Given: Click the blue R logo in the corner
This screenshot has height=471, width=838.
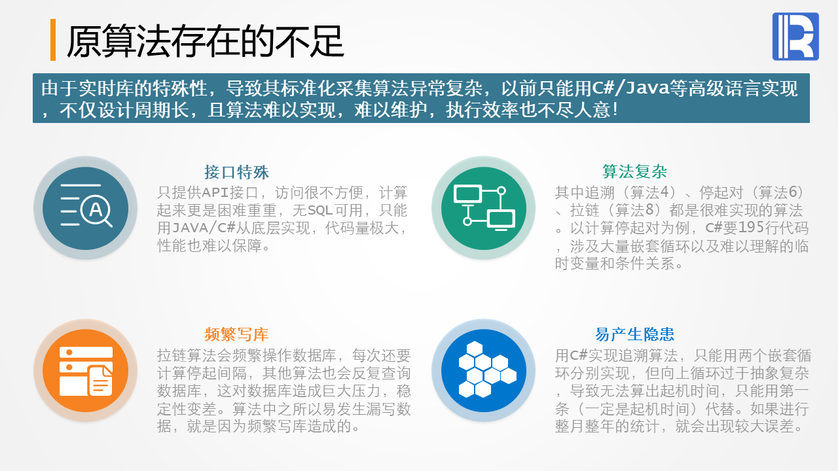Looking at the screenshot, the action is click(x=795, y=36).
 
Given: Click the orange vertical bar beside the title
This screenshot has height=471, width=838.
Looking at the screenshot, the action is click(x=53, y=40).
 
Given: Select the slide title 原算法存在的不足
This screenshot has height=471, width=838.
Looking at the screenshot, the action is click(x=205, y=41).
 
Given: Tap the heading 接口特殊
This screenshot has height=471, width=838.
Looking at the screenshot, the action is click(x=236, y=172).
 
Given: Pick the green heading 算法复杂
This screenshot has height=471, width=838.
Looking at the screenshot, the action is click(x=634, y=171).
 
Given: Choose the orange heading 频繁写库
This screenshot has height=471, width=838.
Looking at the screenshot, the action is click(x=236, y=334).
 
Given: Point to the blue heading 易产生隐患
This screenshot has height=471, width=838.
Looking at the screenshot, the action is click(x=634, y=334).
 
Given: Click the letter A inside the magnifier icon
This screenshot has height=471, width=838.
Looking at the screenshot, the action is click(x=96, y=209).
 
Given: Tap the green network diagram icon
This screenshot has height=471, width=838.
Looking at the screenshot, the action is click(x=484, y=208).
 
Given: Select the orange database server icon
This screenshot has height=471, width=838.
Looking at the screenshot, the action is click(x=86, y=371).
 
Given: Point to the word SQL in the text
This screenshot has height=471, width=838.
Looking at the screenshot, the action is click(x=320, y=211).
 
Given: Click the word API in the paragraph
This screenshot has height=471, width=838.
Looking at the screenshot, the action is click(x=215, y=193).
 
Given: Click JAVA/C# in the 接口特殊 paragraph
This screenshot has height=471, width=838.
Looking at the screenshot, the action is click(x=203, y=228).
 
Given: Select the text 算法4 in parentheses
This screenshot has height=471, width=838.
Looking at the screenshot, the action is click(x=649, y=193).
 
